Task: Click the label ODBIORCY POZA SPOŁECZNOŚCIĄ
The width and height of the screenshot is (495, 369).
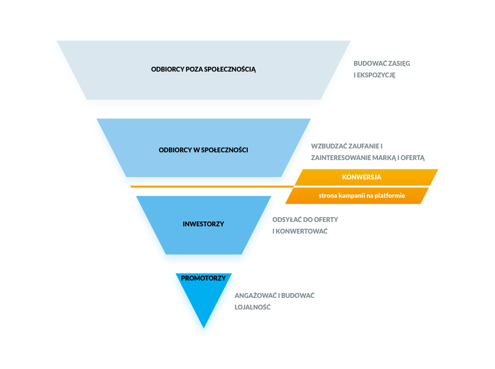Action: coord(203,69)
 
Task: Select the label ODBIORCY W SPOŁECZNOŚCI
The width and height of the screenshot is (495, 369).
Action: coord(203,150)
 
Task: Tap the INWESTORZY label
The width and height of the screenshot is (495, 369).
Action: coord(203,224)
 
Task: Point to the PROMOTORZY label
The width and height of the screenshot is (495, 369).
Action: coord(203,278)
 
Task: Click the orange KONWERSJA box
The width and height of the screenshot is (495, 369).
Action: coord(361,177)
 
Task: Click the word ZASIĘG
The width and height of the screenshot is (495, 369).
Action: coord(399,63)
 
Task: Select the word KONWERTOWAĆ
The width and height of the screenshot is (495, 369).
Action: coord(303,231)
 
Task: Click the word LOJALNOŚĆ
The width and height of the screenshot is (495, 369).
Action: coord(252,307)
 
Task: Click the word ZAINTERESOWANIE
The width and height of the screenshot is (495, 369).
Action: coord(342,158)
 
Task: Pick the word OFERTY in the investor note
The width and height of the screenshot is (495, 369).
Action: coord(326,220)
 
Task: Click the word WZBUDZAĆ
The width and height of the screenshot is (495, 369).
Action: coord(328,146)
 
